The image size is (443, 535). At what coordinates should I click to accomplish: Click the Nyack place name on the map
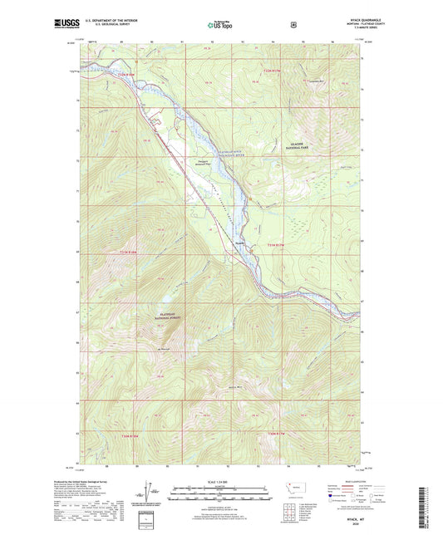[240, 243]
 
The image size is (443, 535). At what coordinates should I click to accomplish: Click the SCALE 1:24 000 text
[219, 483]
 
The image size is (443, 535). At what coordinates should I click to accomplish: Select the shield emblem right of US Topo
[293, 25]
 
